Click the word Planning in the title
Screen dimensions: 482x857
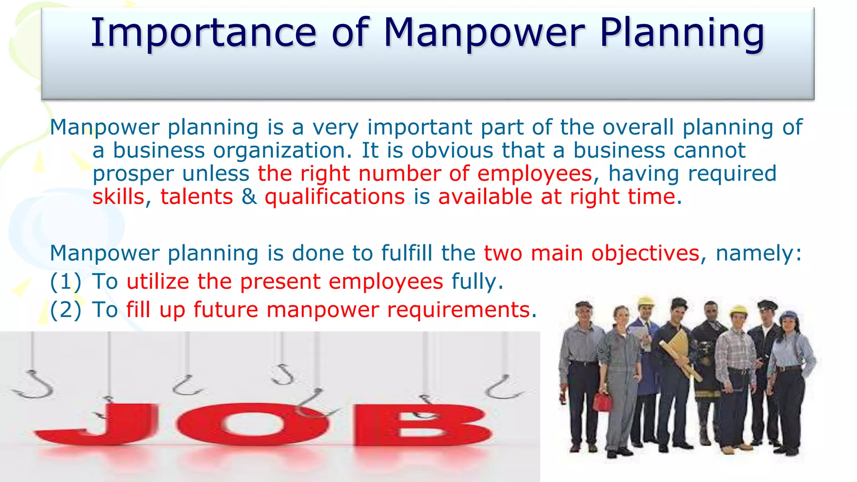(682, 33)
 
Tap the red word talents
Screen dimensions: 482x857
(196, 197)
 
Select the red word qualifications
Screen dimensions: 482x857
(335, 197)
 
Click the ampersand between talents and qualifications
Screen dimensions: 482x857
(249, 197)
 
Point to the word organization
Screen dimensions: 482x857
(282, 151)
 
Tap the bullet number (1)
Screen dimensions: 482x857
(65, 282)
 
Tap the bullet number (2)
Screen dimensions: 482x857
(65, 310)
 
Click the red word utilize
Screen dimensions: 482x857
(158, 282)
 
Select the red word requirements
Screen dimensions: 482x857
(459, 310)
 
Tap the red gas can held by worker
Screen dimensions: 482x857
(603, 402)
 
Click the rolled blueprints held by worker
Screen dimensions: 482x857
(680, 351)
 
